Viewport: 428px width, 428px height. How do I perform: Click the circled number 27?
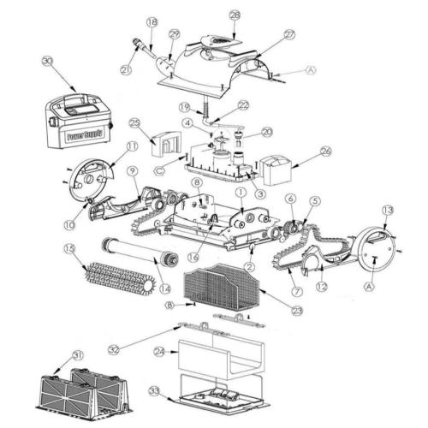click(289, 33)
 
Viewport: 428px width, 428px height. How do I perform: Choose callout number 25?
click(134, 122)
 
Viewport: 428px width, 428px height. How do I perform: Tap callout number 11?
click(132, 147)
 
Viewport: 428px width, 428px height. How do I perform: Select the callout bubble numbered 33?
click(155, 391)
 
